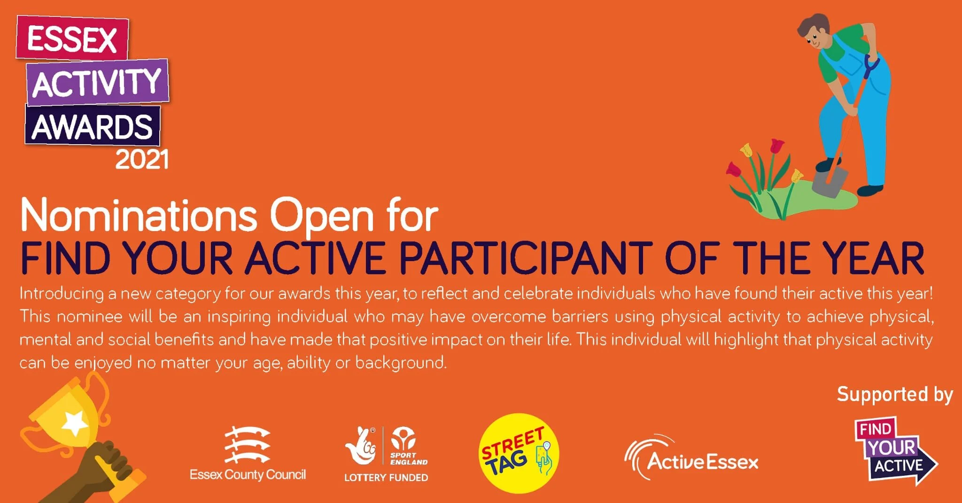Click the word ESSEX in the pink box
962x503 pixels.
click(72, 39)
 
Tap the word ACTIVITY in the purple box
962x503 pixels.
click(97, 83)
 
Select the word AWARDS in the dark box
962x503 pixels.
click(92, 126)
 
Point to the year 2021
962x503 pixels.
click(142, 160)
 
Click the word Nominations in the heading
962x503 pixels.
click(139, 216)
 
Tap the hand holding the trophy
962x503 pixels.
click(106, 463)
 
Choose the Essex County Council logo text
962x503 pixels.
click(248, 474)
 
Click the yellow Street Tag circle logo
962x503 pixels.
click(519, 453)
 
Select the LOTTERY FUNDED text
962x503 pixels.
click(386, 478)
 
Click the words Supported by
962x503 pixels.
click(894, 394)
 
